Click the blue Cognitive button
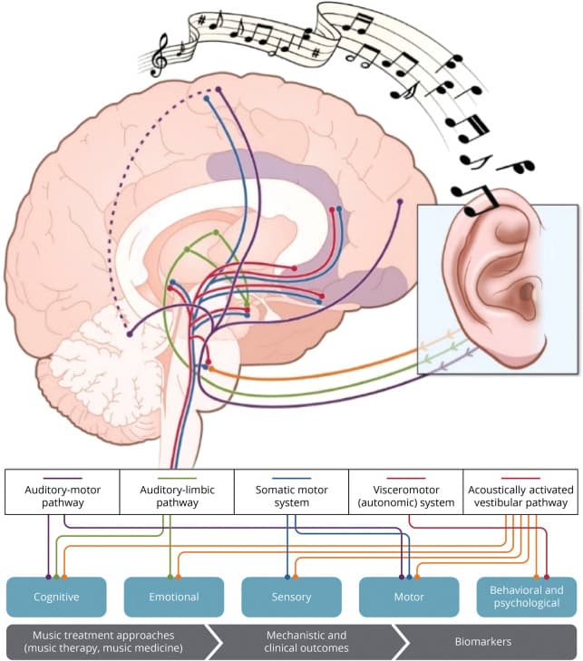click(56, 598)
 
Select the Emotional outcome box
click(174, 598)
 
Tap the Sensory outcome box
click(291, 598)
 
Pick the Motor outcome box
click(409, 598)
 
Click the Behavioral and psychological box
click(526, 598)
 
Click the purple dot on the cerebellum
click(131, 335)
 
